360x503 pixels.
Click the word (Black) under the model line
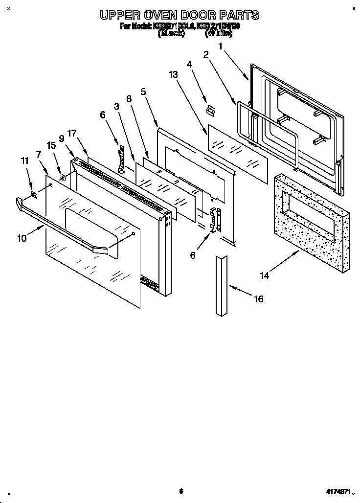click(171, 34)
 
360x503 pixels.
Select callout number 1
click(221, 46)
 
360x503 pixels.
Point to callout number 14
click(264, 275)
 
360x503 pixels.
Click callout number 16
click(258, 298)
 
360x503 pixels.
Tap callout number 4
click(189, 64)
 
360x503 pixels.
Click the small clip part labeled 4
click(210, 111)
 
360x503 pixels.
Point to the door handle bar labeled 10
click(64, 226)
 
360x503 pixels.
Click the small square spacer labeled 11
click(34, 195)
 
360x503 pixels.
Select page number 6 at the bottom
click(180, 491)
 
